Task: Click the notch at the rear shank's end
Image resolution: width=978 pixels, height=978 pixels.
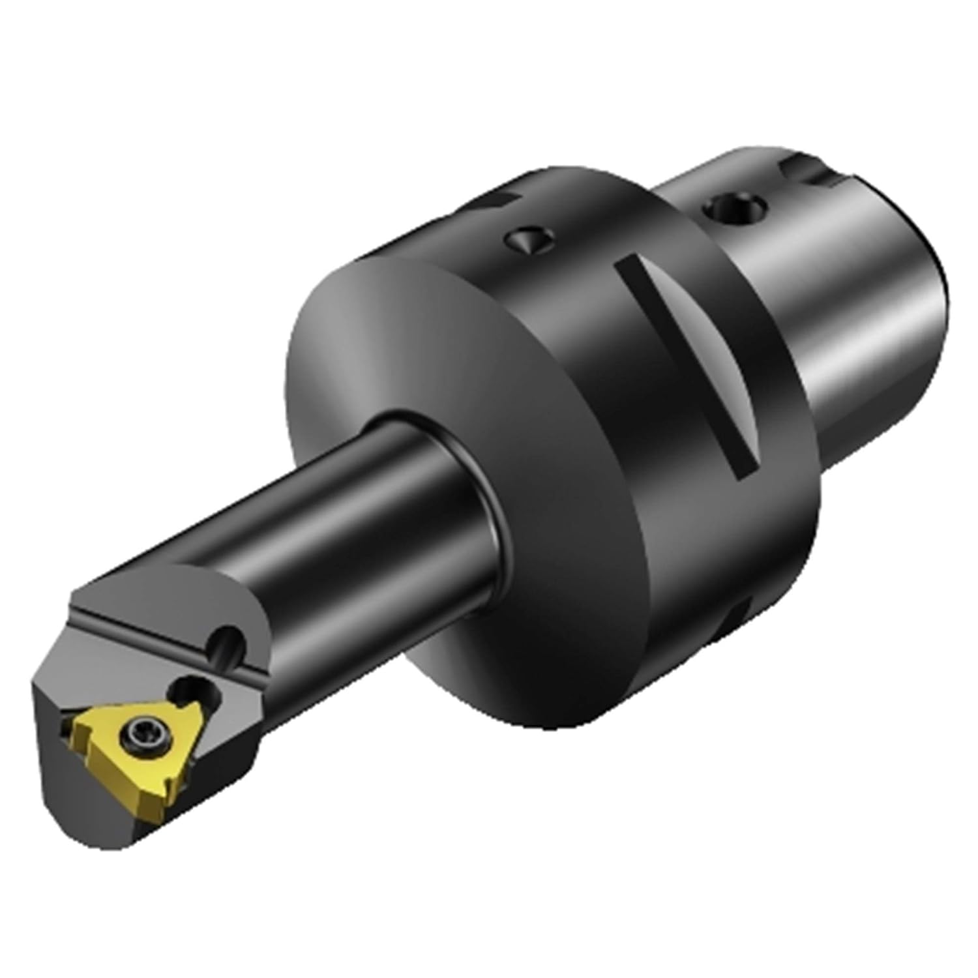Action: [x=808, y=171]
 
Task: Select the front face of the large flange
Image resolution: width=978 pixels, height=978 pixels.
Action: [x=424, y=365]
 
